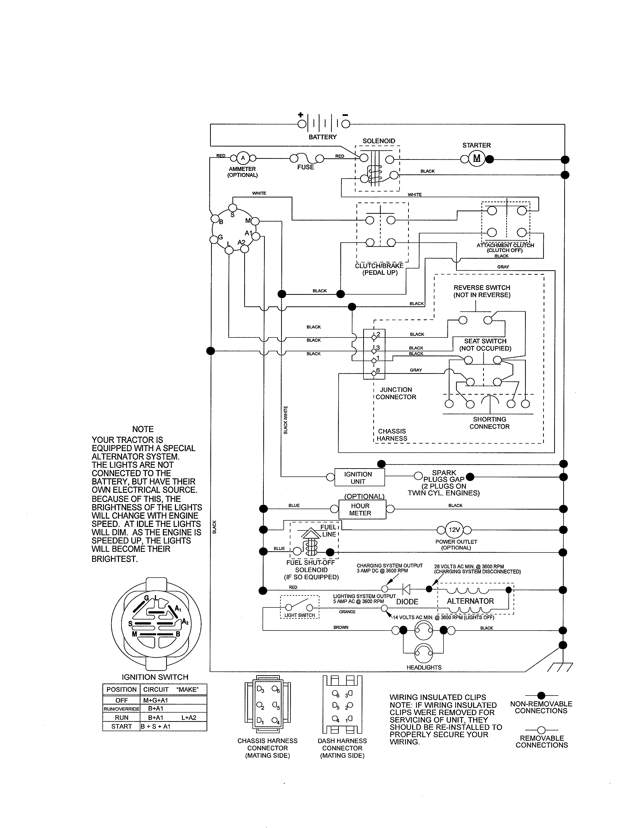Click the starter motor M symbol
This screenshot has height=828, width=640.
(x=477, y=159)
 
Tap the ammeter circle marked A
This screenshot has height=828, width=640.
(x=243, y=158)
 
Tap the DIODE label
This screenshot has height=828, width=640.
(x=407, y=602)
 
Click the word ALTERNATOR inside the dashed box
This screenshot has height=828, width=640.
(x=470, y=601)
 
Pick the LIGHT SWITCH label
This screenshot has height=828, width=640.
(x=299, y=615)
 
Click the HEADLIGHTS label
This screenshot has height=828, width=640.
(x=424, y=667)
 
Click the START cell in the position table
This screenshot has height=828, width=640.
(x=121, y=726)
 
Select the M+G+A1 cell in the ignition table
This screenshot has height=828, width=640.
(x=155, y=700)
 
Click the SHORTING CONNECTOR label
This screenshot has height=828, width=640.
(x=489, y=423)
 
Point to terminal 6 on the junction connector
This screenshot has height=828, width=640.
(x=374, y=373)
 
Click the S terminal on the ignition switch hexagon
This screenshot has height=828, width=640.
(x=233, y=208)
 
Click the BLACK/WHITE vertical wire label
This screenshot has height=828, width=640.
(x=286, y=420)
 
